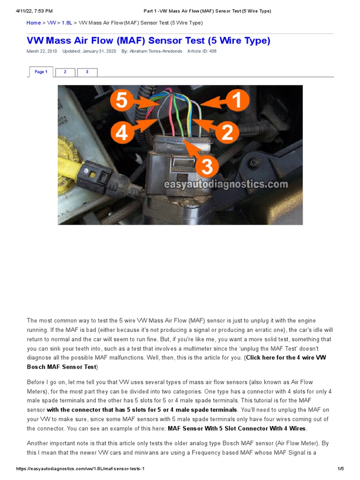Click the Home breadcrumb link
[x=33, y=23]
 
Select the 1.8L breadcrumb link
[x=66, y=23]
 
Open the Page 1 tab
[x=41, y=72]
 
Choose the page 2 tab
[x=65, y=72]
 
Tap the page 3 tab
[x=87, y=72]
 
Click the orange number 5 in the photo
[x=122, y=101]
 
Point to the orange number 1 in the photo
[x=237, y=101]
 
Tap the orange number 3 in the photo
[x=207, y=166]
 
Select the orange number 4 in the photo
[x=122, y=133]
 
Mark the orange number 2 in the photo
[x=227, y=133]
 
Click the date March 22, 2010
[x=42, y=52]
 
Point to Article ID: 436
[x=202, y=52]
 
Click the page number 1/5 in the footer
[x=340, y=469]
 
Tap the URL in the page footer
[x=84, y=469]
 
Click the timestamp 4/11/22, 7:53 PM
[x=34, y=11]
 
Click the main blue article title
[x=148, y=41]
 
